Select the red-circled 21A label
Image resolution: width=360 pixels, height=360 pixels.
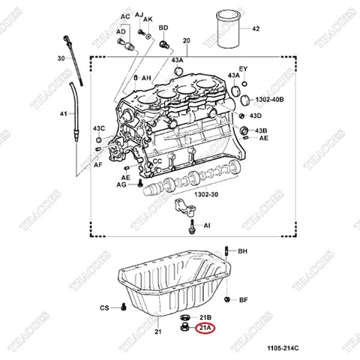(x=204, y=328)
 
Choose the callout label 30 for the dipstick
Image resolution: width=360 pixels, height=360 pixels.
(x=60, y=58)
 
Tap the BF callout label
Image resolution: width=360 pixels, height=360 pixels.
(x=242, y=300)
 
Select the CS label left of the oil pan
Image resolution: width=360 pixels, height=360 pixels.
(x=105, y=307)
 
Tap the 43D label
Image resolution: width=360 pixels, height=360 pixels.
(x=256, y=116)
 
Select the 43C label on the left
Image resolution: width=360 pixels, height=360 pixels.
(x=99, y=128)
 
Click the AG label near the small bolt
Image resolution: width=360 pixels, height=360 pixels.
(x=121, y=184)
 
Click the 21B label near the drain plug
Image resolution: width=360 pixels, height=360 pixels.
(x=204, y=317)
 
